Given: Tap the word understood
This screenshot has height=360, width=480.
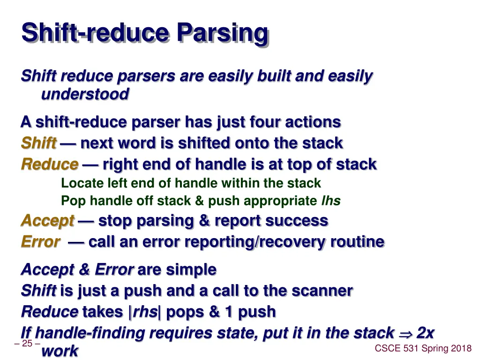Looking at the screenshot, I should (x=85, y=94).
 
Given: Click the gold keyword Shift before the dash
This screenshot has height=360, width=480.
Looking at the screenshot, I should (x=39, y=143).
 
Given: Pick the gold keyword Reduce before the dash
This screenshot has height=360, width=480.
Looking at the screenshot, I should (x=50, y=165).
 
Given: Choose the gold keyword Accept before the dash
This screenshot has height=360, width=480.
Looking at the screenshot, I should (x=47, y=221).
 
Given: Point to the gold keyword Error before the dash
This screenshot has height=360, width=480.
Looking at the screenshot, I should (x=40, y=242).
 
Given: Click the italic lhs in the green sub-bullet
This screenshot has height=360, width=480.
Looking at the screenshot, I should (x=330, y=201).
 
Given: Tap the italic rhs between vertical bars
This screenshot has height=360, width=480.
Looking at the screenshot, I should (x=145, y=312).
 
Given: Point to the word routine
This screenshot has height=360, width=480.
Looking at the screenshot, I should (x=357, y=242).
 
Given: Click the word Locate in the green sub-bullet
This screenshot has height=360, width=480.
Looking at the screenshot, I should (x=77, y=183).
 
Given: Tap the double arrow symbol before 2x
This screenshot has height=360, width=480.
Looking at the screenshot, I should (x=405, y=333).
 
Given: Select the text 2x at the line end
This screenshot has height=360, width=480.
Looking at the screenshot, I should (x=425, y=333).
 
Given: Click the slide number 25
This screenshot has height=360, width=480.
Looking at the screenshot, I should (x=27, y=344).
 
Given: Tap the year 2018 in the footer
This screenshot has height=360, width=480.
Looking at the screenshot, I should (x=462, y=348).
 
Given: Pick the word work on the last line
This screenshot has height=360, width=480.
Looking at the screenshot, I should (x=60, y=351).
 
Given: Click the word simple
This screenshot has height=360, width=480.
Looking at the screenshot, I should (x=191, y=270).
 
